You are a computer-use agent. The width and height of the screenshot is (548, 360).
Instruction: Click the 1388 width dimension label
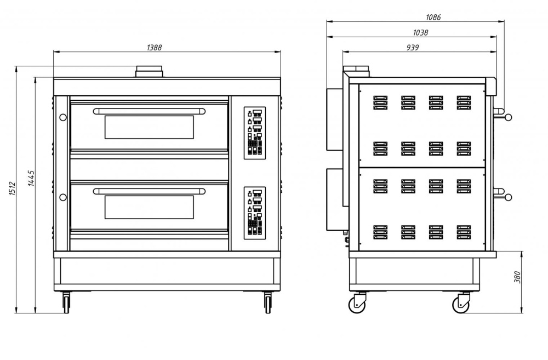pyautogui.click(x=154, y=48)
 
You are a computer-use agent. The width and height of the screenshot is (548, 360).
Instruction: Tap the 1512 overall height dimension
pyautogui.click(x=12, y=188)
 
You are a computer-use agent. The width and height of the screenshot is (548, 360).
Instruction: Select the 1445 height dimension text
pyautogui.click(x=31, y=178)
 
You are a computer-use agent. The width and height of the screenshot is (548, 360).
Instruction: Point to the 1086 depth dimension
pyautogui.click(x=433, y=17)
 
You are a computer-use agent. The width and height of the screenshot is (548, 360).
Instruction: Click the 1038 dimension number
pyautogui.click(x=420, y=32)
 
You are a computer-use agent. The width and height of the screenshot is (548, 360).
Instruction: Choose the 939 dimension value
pyautogui.click(x=413, y=47)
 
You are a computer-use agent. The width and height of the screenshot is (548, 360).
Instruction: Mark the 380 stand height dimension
pyautogui.click(x=518, y=277)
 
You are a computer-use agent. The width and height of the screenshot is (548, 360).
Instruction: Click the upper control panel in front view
pyautogui.click(x=254, y=133)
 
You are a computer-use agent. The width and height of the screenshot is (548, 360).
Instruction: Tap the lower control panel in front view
pyautogui.click(x=254, y=213)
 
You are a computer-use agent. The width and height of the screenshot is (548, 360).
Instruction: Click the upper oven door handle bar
pyautogui.click(x=149, y=111)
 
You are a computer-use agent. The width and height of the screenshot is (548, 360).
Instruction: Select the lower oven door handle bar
pyautogui.click(x=149, y=191)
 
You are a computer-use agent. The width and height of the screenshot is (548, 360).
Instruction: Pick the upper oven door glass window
pyautogui.click(x=149, y=127)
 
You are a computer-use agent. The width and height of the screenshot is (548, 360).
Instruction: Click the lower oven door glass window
pyautogui.click(x=149, y=207)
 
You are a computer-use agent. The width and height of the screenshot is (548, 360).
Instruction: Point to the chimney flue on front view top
pyautogui.click(x=149, y=72)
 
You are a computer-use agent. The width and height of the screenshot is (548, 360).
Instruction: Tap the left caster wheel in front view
pyautogui.click(x=66, y=302)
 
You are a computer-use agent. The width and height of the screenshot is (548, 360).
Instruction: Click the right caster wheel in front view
pyautogui.click(x=268, y=302)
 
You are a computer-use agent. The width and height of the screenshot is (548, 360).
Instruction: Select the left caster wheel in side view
pyautogui.click(x=357, y=304)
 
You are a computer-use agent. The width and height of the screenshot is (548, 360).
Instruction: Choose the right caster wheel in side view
pyautogui.click(x=461, y=304)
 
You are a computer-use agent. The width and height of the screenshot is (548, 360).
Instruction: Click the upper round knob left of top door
pyautogui.click(x=63, y=117)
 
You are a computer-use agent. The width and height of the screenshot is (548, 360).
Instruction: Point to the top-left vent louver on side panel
pyautogui.click(x=380, y=103)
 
